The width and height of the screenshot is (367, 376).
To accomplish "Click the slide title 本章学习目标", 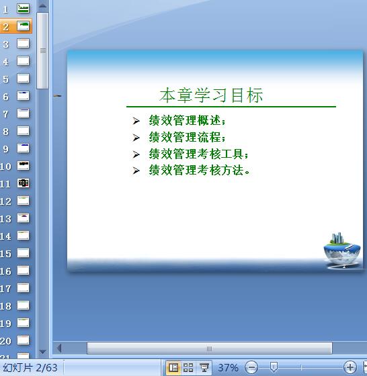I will (210, 96).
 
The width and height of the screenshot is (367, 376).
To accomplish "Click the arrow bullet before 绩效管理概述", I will (136, 122).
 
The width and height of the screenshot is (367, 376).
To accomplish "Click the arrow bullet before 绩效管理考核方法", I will (136, 171).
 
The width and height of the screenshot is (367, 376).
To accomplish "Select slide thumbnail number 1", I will (24, 9).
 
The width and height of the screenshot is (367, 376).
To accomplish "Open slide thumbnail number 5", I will (24, 79).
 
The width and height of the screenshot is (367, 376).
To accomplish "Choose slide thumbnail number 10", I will (24, 166).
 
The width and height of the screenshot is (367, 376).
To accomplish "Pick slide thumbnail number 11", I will (24, 183).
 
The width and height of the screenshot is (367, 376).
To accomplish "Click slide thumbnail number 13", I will (24, 218).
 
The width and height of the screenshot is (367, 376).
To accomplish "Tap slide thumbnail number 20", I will (24, 340).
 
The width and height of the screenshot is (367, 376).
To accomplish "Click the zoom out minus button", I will (251, 367).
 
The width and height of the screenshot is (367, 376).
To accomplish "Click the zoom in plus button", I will (350, 367).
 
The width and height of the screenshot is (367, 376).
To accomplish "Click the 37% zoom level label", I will (228, 368).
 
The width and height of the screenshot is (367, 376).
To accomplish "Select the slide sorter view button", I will (188, 367).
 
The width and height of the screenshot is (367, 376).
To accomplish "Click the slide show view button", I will (204, 367).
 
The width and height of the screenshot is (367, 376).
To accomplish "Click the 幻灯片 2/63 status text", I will (30, 368).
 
